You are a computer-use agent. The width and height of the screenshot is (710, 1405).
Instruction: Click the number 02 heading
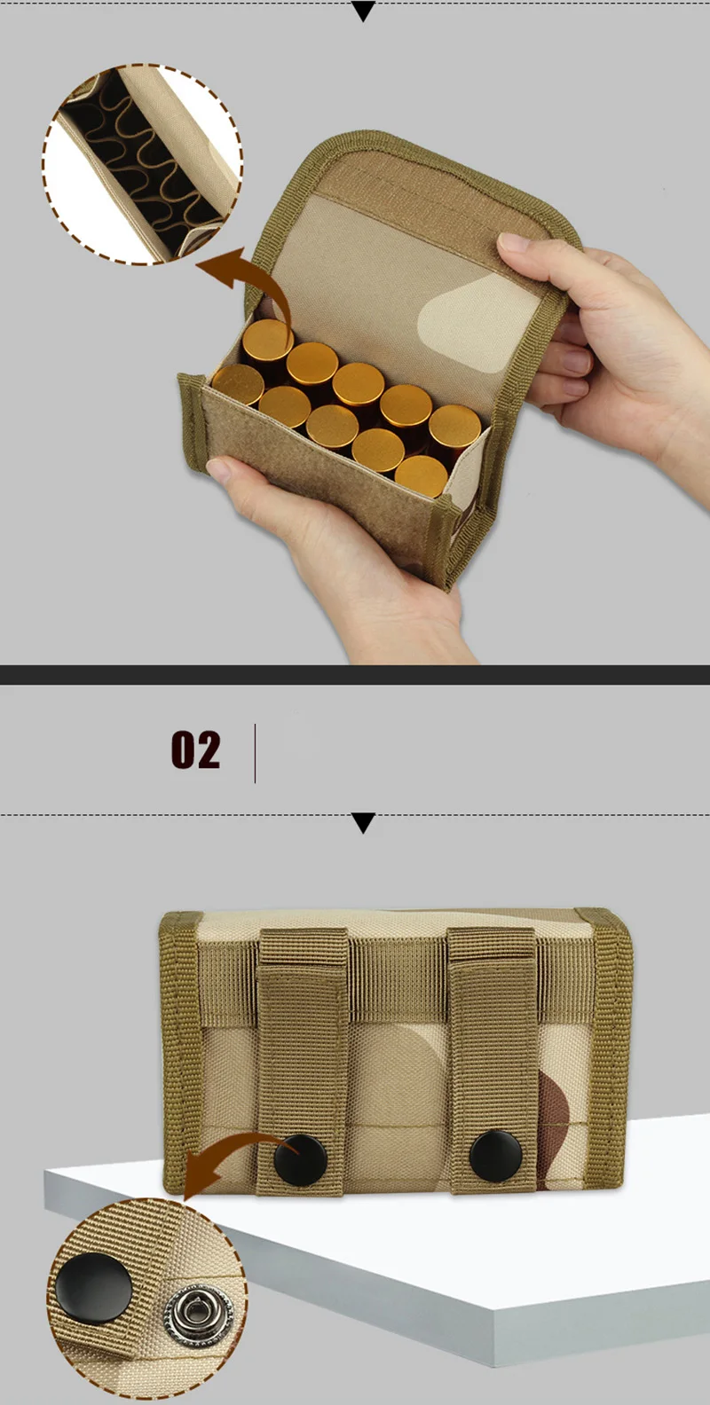point(196,750)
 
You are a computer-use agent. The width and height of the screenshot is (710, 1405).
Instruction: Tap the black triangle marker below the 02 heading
point(364,823)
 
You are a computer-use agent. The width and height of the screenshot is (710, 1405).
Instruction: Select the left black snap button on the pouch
point(301,1160)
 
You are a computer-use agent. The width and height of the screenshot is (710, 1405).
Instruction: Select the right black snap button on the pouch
point(496,1155)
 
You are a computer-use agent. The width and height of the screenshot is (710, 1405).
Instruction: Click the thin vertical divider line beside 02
point(255,753)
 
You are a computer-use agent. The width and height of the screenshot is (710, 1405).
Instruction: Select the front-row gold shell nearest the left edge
point(238,384)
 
